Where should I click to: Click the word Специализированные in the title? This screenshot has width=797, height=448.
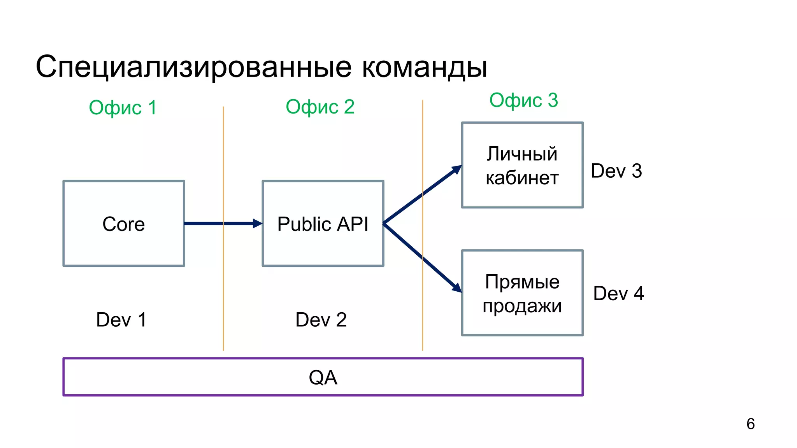(x=194, y=67)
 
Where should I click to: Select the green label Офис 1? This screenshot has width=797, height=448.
(x=123, y=108)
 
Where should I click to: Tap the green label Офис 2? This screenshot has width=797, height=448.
(x=320, y=107)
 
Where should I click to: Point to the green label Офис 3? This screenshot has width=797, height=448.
(x=523, y=100)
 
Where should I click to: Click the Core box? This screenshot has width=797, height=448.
(x=124, y=224)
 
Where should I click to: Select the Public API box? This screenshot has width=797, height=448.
(x=323, y=224)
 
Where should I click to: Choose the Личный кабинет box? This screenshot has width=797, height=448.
(x=522, y=165)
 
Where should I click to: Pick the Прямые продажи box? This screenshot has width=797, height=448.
(x=522, y=293)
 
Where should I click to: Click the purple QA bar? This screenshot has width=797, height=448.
(x=323, y=377)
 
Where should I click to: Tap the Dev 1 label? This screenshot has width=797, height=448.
(x=121, y=320)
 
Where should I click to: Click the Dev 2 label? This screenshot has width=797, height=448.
(x=321, y=320)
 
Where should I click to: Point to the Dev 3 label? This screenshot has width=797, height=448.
(x=616, y=171)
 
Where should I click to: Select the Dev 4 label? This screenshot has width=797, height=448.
(x=618, y=293)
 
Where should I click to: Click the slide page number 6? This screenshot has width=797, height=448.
(x=750, y=424)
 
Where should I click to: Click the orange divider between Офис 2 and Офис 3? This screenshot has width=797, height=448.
(x=423, y=311)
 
